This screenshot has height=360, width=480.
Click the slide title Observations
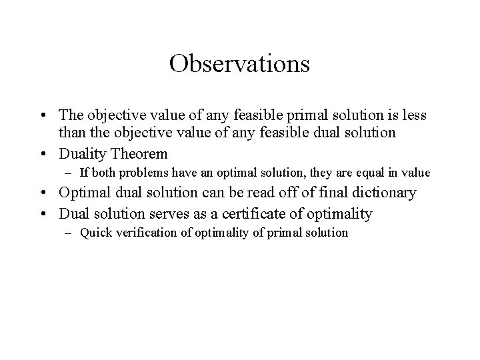pos(239,64)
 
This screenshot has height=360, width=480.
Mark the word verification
pos(143,233)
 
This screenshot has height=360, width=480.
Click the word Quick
pos(94,233)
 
